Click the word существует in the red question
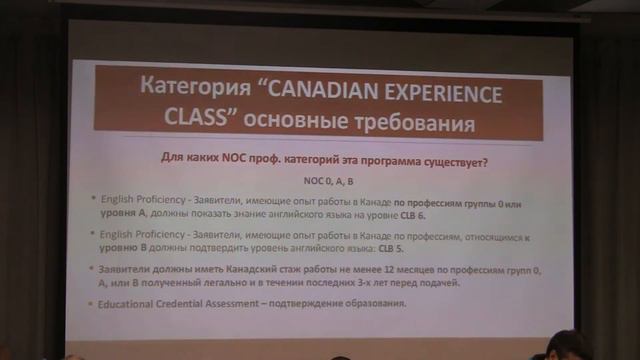pos(452,160)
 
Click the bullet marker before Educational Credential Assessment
pos(93,304)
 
